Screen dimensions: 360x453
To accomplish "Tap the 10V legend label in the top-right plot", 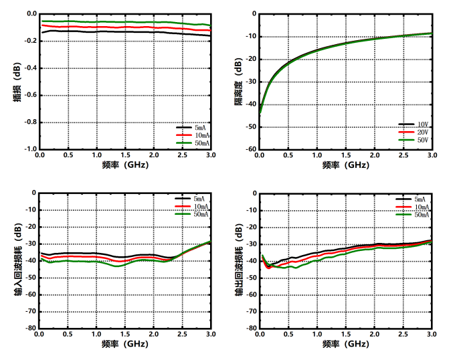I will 422,124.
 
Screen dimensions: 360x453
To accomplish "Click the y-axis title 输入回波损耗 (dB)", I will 17,261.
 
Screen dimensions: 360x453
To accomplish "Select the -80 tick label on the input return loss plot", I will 30,329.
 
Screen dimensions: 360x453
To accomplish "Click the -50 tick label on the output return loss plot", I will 250,278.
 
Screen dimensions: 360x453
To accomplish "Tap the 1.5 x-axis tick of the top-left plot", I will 125,155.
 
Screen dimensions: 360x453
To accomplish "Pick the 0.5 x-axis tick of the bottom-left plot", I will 68,334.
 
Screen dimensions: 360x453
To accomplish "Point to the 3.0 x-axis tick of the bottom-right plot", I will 432,334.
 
